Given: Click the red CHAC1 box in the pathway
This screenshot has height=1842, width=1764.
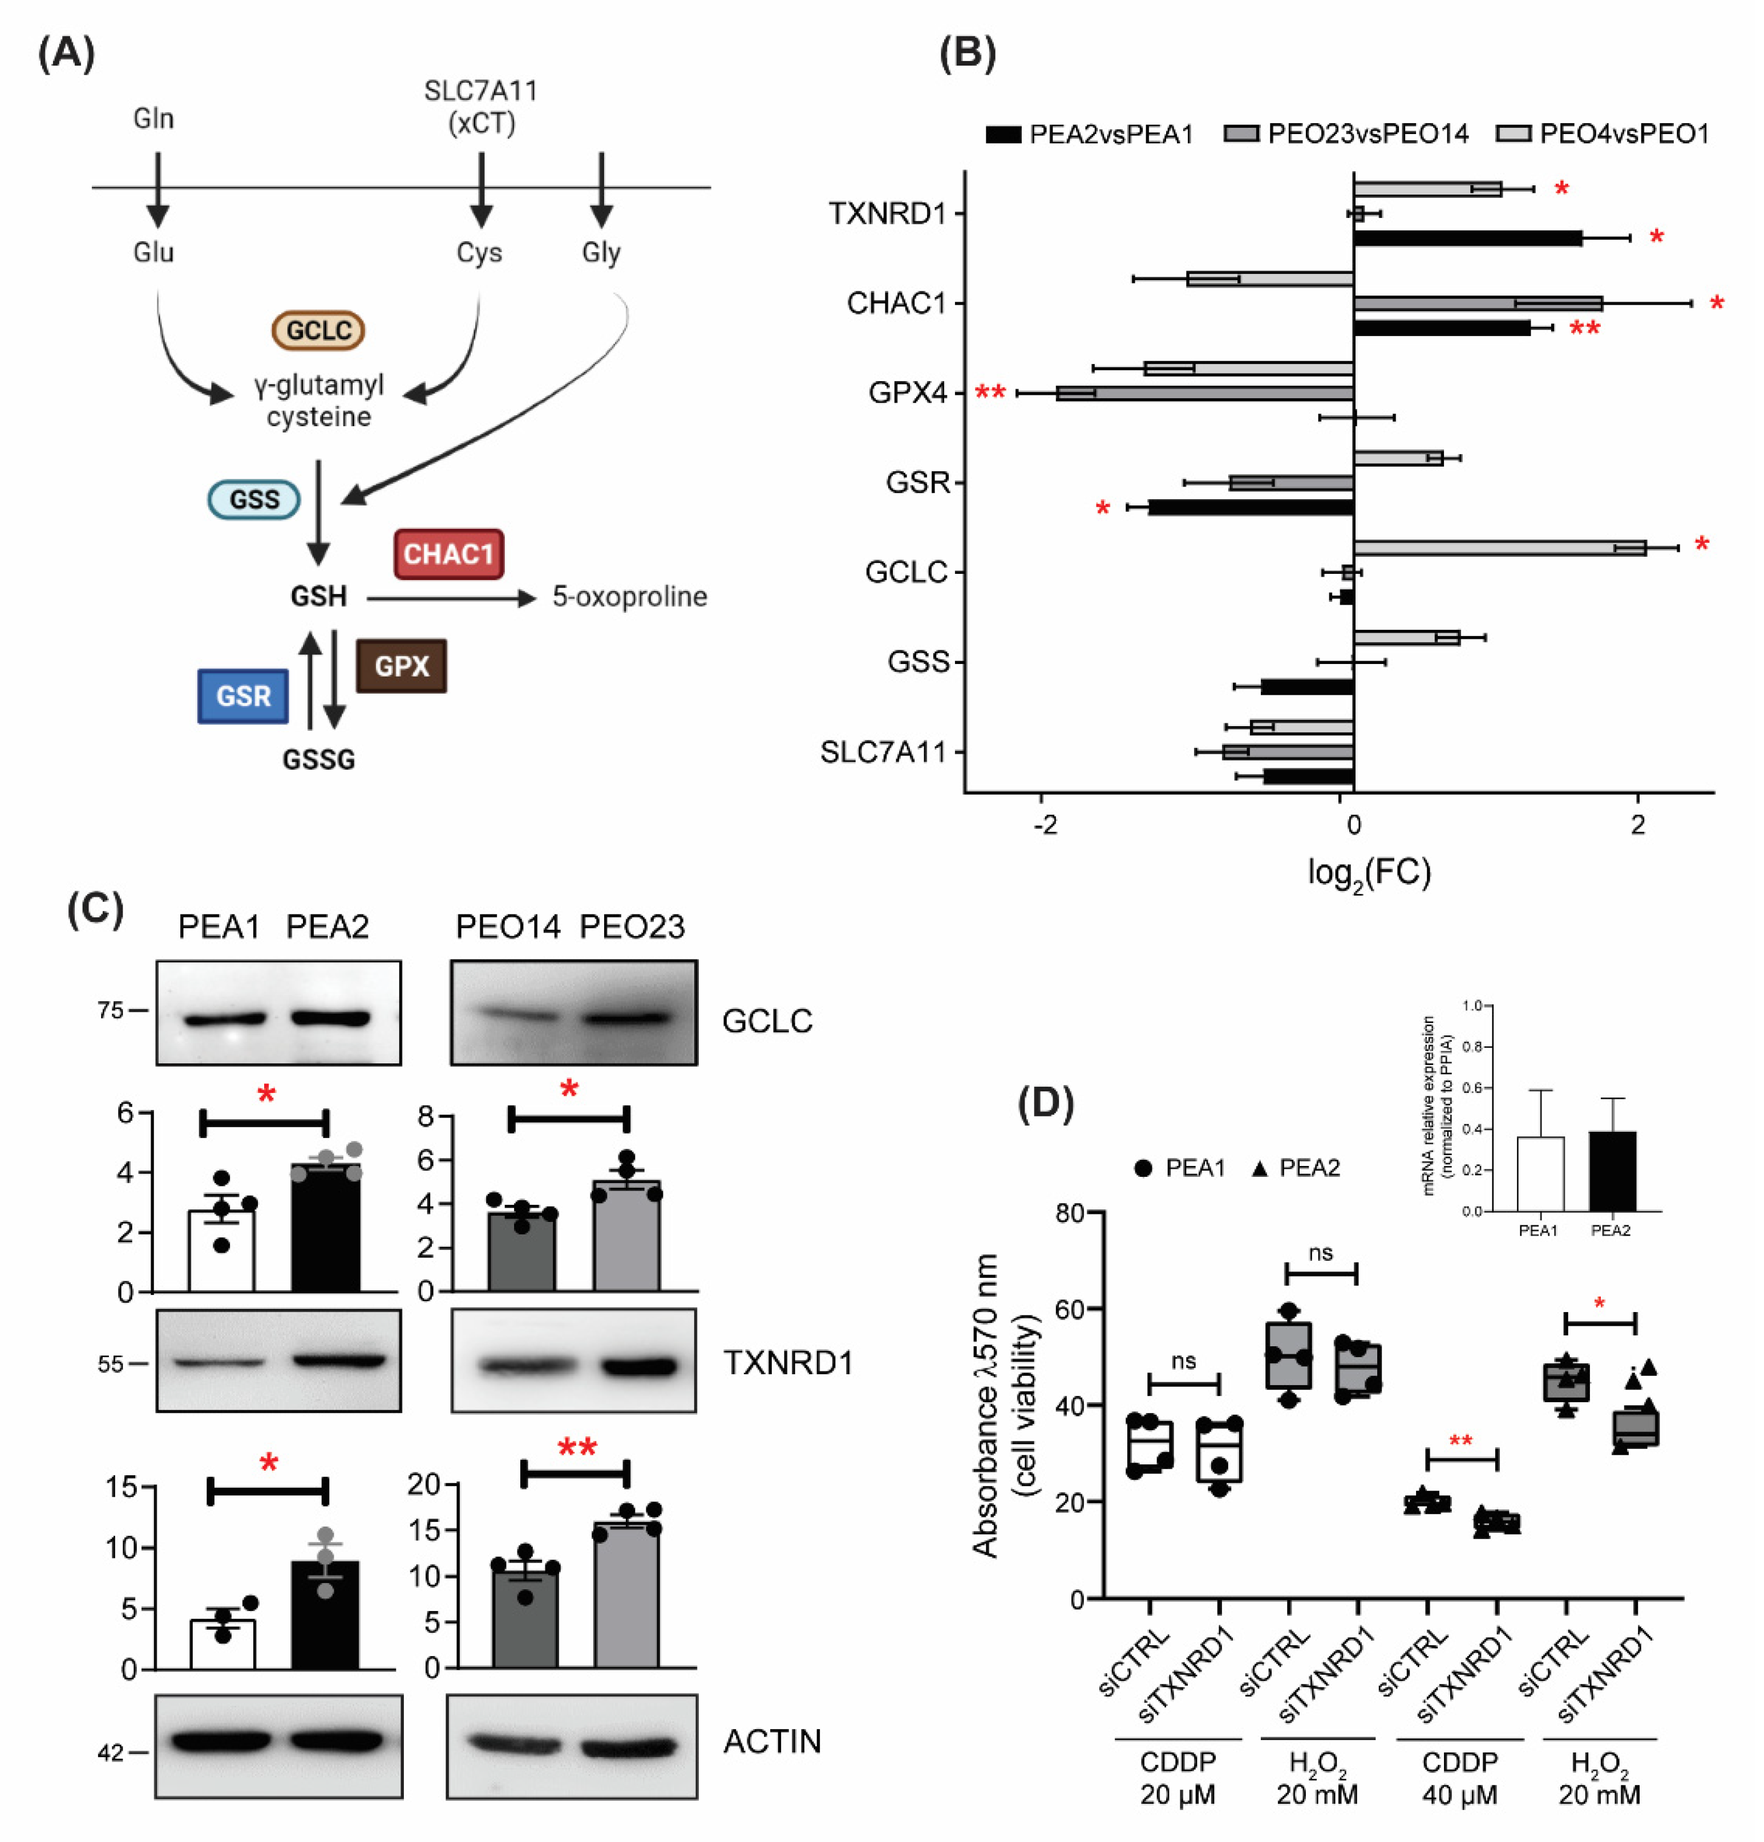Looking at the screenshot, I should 448,553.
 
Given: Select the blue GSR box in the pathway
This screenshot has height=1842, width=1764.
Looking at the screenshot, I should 242,695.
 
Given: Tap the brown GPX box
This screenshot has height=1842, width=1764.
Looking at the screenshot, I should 401,665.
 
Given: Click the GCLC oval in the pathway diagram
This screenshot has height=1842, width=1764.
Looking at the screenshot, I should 318,330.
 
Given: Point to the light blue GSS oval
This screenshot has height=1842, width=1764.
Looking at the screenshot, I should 254,499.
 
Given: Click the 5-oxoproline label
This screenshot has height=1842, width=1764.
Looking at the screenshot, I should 629,596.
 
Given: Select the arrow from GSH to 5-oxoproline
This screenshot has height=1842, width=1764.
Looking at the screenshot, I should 451,598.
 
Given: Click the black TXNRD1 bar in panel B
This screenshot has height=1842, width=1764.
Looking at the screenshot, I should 1466,238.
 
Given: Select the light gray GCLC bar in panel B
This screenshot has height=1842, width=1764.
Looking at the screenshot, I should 1499,547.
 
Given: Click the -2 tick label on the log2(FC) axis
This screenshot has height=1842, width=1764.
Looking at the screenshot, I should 1044,825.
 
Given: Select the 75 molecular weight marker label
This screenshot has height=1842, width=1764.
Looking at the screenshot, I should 110,1010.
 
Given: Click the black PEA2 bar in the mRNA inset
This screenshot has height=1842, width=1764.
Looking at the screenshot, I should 1612,1171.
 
